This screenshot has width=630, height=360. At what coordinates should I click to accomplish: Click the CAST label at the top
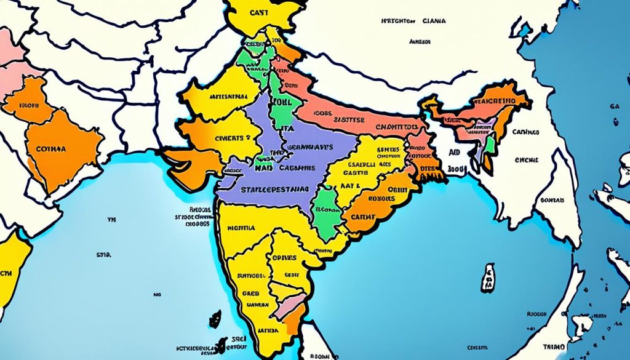(258, 12)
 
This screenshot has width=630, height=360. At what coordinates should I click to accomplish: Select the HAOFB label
(29, 105)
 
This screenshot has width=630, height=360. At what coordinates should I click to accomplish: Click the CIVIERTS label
(228, 138)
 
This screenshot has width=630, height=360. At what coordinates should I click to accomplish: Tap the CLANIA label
(435, 21)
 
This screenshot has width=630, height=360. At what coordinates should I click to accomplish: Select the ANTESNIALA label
(228, 97)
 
